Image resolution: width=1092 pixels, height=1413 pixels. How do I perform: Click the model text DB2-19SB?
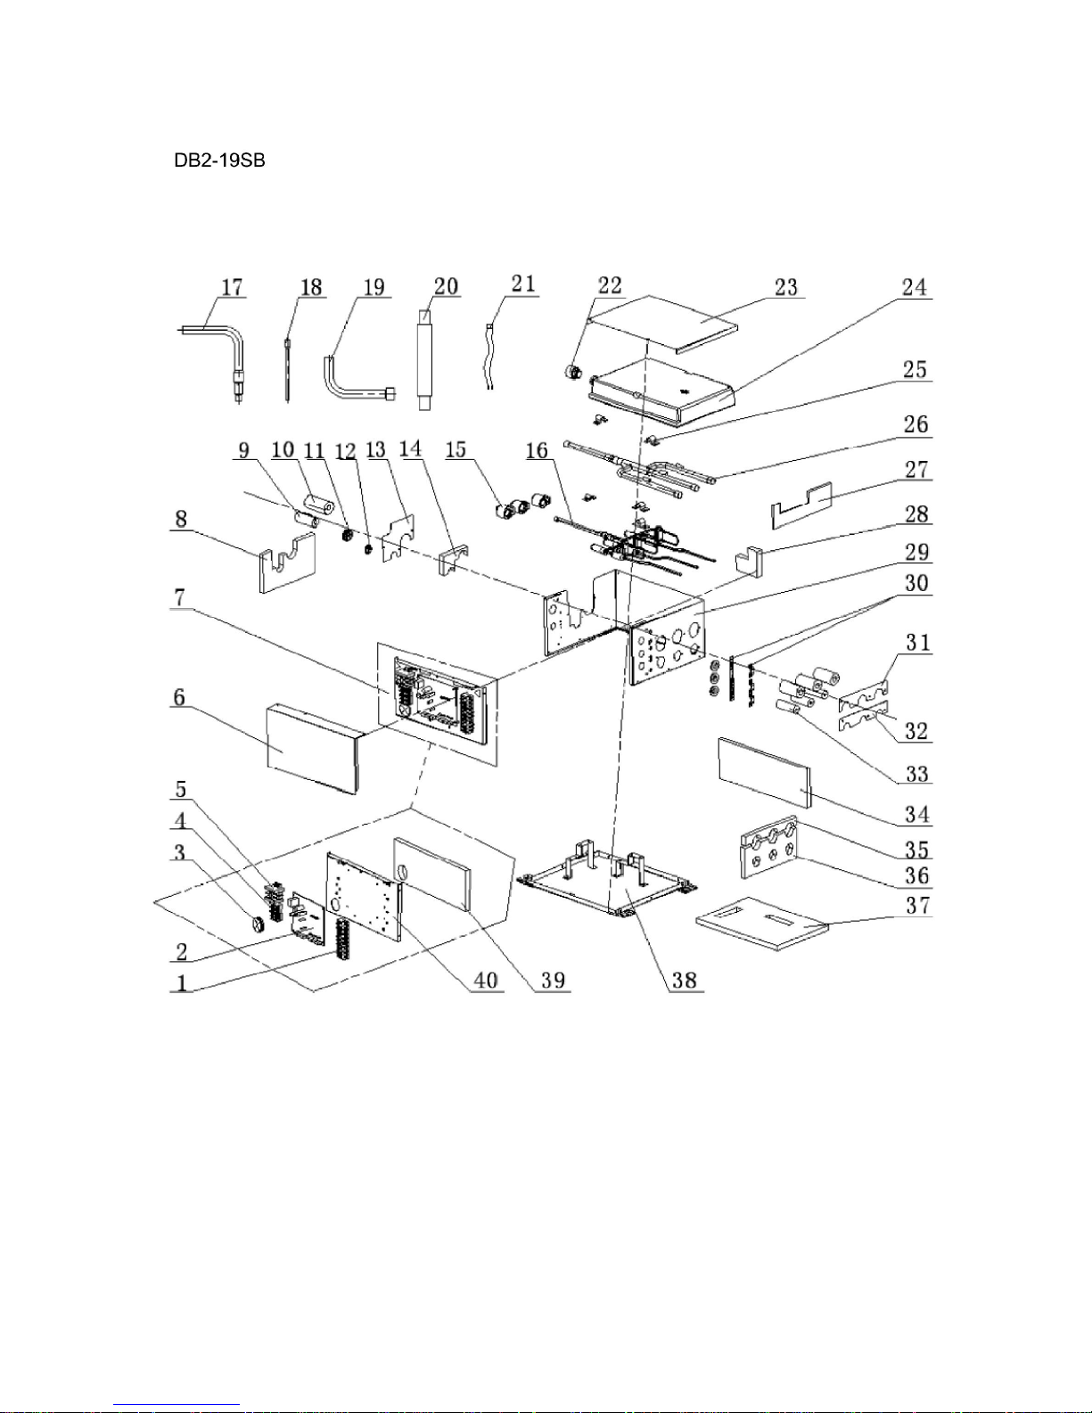coord(219,160)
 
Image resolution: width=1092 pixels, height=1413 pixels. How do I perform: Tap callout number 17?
coord(232,287)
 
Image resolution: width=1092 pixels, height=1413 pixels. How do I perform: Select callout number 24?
coord(914,287)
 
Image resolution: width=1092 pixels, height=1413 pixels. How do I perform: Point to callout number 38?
coord(685,980)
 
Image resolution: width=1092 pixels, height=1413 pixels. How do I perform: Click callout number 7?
coord(180,597)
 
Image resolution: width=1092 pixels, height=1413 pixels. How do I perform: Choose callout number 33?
coord(917,774)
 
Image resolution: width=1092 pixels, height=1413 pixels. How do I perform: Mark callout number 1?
coord(182,982)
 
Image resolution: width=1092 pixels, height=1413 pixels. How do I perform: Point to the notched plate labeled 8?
coord(287,563)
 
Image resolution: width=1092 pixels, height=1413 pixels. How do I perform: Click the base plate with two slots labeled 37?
coord(762,924)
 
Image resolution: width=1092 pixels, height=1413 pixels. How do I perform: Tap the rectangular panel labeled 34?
coord(765,773)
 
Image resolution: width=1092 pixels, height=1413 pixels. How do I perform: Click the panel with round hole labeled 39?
coord(431,874)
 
